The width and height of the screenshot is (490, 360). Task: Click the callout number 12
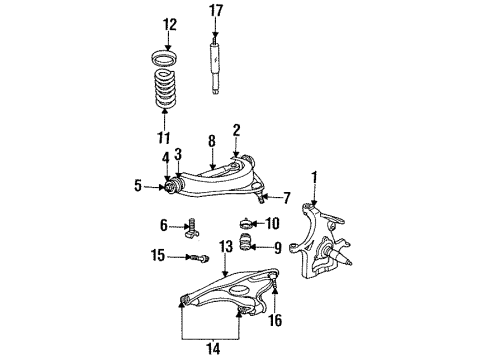click(x=168, y=23)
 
